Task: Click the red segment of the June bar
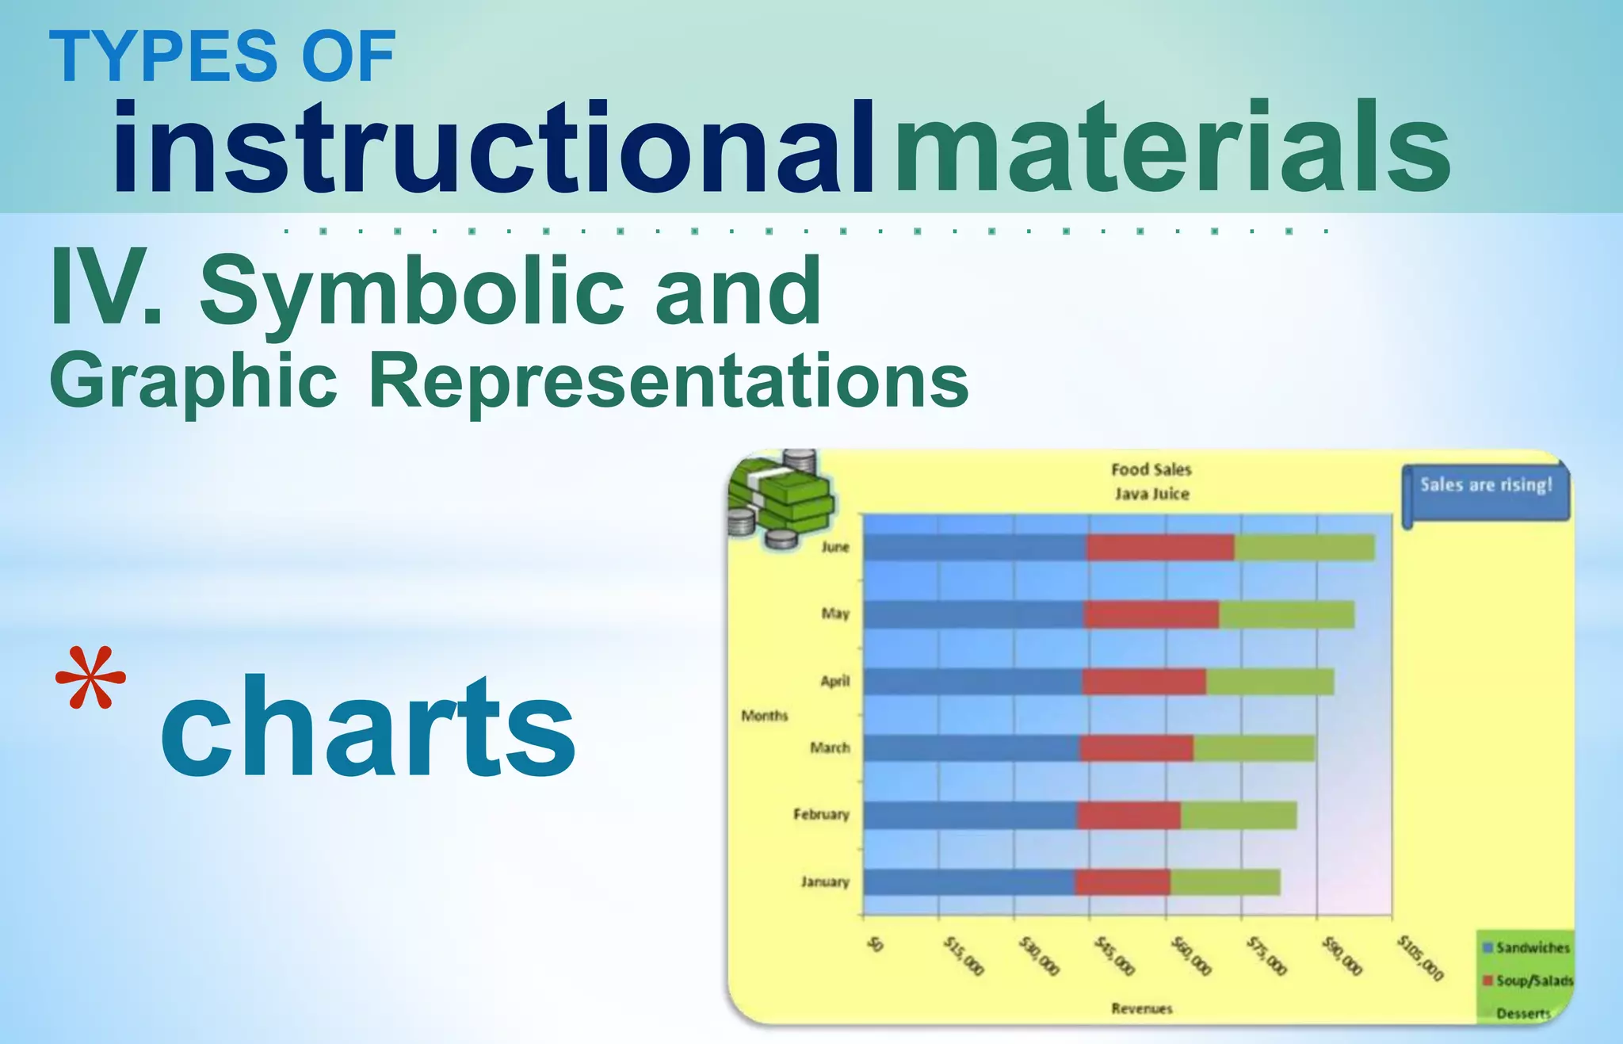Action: [x=1160, y=548]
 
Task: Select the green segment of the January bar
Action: [x=1225, y=882]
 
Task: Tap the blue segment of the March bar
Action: [x=971, y=748]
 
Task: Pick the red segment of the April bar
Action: [x=1144, y=682]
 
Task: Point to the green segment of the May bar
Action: [x=1286, y=614]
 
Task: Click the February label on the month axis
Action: [x=821, y=815]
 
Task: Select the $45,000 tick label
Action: [x=1114, y=956]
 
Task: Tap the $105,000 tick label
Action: [x=1420, y=958]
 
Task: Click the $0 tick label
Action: [x=874, y=945]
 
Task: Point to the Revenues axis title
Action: [x=1141, y=1009]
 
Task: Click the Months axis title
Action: [x=764, y=716]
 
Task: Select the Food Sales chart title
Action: [x=1151, y=470]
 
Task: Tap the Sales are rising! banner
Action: [x=1485, y=486]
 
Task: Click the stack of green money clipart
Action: [x=781, y=499]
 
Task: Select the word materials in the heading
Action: [x=1172, y=148]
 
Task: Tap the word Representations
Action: [x=668, y=381]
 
